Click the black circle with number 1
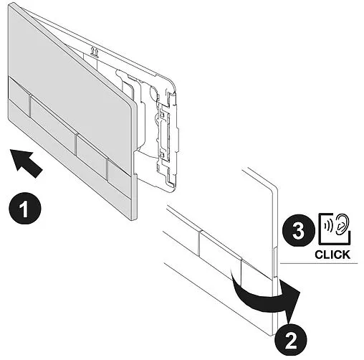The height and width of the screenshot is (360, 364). click(x=25, y=209)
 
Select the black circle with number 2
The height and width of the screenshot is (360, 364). click(x=290, y=340)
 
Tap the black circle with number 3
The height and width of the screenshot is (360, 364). click(x=298, y=231)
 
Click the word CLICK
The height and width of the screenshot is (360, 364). click(x=332, y=255)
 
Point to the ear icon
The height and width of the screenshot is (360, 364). click(x=342, y=224)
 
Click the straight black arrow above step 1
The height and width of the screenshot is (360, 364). click(x=26, y=163)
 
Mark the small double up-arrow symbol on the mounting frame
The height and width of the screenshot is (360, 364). click(x=94, y=52)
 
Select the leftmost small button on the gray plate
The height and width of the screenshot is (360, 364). click(x=19, y=96)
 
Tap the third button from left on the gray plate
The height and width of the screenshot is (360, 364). click(x=92, y=156)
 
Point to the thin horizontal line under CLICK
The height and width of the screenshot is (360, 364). click(x=319, y=264)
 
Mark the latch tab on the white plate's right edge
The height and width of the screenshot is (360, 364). click(x=275, y=262)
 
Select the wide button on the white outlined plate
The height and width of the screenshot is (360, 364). click(x=220, y=249)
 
